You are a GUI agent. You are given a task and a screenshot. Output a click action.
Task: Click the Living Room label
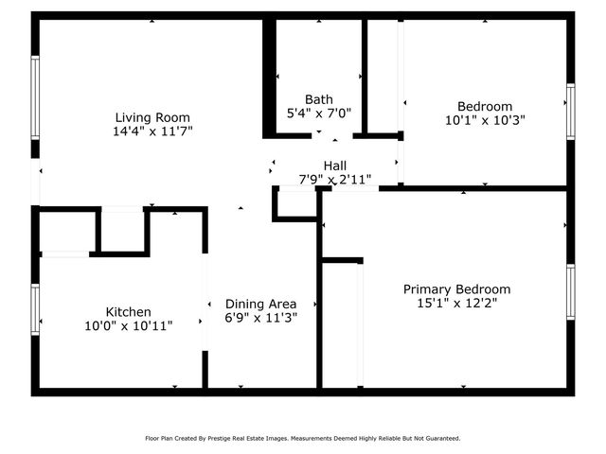pyautogui.click(x=151, y=117)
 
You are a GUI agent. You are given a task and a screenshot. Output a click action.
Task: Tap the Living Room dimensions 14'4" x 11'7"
pyautogui.click(x=151, y=132)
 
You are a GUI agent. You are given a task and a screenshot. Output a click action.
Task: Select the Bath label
pyautogui.click(x=318, y=98)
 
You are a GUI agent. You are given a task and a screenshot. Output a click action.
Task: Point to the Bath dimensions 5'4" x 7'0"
pyautogui.click(x=318, y=113)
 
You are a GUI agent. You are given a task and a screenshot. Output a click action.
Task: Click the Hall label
pyautogui.click(x=334, y=165)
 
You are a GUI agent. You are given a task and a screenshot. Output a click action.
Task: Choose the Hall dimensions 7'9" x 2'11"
pyautogui.click(x=334, y=178)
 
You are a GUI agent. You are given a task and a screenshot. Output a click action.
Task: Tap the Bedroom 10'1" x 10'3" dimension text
pyautogui.click(x=485, y=120)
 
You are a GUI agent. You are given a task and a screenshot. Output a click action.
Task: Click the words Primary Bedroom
pyautogui.click(x=456, y=289)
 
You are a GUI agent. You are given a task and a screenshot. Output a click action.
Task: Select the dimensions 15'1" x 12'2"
pyautogui.click(x=456, y=304)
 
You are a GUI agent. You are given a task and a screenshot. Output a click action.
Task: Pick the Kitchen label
pyautogui.click(x=128, y=311)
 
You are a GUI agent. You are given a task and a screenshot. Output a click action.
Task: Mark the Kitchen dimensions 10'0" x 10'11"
pyautogui.click(x=128, y=325)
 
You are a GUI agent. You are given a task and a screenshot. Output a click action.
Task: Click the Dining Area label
pyautogui.click(x=260, y=304)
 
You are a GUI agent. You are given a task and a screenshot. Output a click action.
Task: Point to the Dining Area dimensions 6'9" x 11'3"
pyautogui.click(x=260, y=318)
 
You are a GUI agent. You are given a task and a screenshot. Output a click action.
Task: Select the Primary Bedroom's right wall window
pyautogui.click(x=570, y=294)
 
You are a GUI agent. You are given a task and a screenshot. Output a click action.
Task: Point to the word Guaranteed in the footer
pyautogui.click(x=441, y=438)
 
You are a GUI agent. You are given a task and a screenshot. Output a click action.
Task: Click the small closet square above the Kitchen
pyautogui.click(x=122, y=230)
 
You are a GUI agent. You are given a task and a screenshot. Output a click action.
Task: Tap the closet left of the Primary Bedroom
pyautogui.click(x=340, y=322)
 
